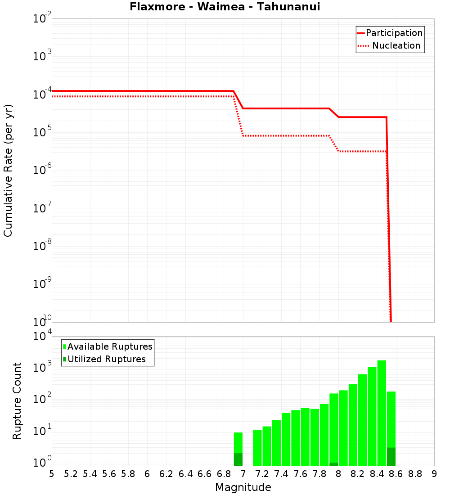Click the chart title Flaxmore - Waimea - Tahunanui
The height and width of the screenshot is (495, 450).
pos(225,7)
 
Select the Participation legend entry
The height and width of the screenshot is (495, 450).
pos(390,33)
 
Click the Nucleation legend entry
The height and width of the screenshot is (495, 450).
pos(390,45)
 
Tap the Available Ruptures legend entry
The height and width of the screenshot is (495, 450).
pos(108,346)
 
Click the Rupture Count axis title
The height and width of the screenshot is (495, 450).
pos(17,401)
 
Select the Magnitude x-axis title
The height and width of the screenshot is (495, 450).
pos(243,487)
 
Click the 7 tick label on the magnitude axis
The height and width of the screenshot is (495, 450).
pos(243,473)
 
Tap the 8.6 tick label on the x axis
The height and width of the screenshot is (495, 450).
pos(396,473)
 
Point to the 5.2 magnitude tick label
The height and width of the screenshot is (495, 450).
pos(71,473)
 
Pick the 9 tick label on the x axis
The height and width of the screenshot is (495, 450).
pos(434,473)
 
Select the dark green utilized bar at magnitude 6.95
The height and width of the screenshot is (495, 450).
pos(238,459)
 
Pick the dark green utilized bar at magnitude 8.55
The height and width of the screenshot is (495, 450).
pos(391,457)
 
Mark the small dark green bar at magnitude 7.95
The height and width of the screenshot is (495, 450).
pos(334,464)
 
